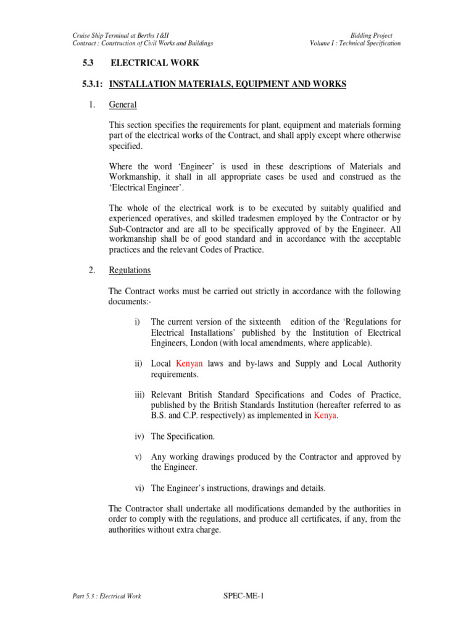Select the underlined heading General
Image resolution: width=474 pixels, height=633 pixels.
point(123,105)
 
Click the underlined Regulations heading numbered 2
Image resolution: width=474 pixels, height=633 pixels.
point(130,270)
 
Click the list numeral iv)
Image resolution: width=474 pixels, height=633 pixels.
point(140,436)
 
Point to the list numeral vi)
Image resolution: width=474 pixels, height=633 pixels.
point(140,488)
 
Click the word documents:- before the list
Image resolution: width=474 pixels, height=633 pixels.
point(130,302)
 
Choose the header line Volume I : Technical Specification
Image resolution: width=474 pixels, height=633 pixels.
point(355,43)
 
